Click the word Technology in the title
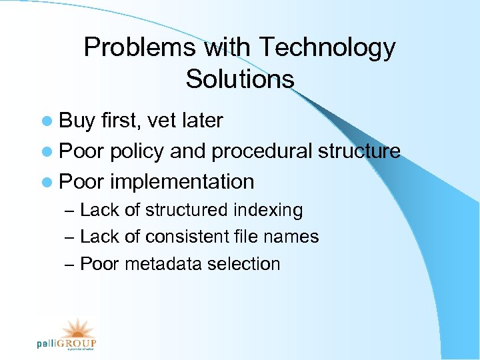tap(327, 48)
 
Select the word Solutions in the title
tap(240, 79)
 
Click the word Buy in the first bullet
tap(77, 121)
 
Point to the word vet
tap(161, 121)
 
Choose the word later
tap(201, 121)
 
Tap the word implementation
tap(182, 181)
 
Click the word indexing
tap(268, 211)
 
